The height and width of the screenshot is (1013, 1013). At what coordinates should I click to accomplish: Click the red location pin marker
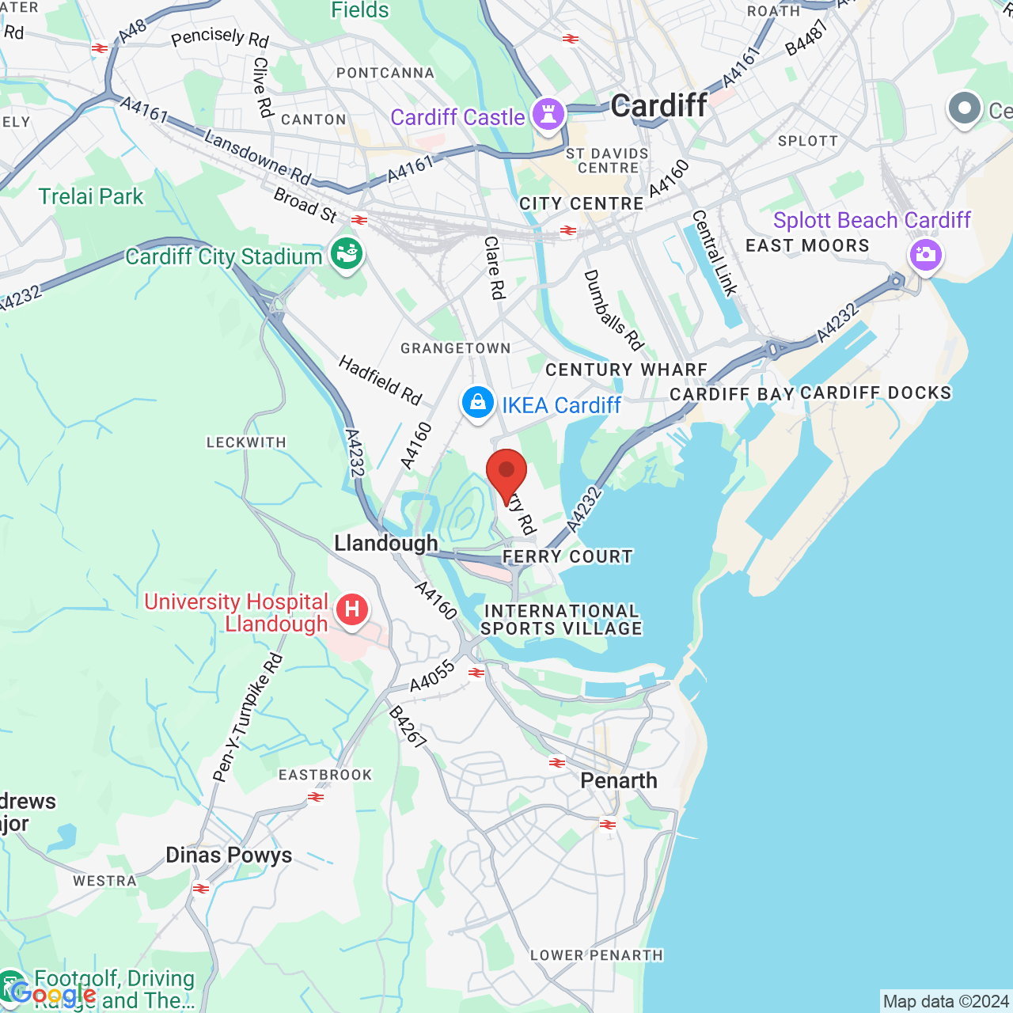point(506,472)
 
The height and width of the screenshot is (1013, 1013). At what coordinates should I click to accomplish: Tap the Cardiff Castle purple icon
point(548,115)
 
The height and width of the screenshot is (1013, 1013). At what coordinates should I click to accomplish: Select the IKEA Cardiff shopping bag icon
point(478,404)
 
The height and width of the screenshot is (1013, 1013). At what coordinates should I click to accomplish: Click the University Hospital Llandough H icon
point(352,610)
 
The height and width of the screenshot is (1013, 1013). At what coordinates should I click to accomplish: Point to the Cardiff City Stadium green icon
point(347,254)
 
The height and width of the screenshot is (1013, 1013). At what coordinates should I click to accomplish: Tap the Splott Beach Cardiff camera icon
point(925,256)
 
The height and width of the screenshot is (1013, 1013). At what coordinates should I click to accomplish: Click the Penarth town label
point(619,780)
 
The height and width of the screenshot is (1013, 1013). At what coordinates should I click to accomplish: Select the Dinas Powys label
point(229,855)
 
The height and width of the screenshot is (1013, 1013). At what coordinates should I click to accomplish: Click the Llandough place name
point(385,543)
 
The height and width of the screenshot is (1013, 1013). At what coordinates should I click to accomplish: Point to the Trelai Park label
point(91,196)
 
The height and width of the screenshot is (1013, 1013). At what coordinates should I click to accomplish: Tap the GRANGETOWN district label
point(455,348)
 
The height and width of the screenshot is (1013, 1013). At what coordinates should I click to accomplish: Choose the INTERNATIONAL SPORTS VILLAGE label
point(561,620)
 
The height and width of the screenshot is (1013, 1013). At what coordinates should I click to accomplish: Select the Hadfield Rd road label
point(381,380)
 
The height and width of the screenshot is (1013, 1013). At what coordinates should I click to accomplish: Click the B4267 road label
point(408,727)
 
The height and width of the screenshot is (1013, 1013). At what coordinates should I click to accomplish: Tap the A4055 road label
point(433,676)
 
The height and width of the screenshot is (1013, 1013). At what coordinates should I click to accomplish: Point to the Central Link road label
point(715,253)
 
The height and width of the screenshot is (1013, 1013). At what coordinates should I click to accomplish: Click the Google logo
point(54,994)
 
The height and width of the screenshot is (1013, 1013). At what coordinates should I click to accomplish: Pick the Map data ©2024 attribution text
point(946,1002)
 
